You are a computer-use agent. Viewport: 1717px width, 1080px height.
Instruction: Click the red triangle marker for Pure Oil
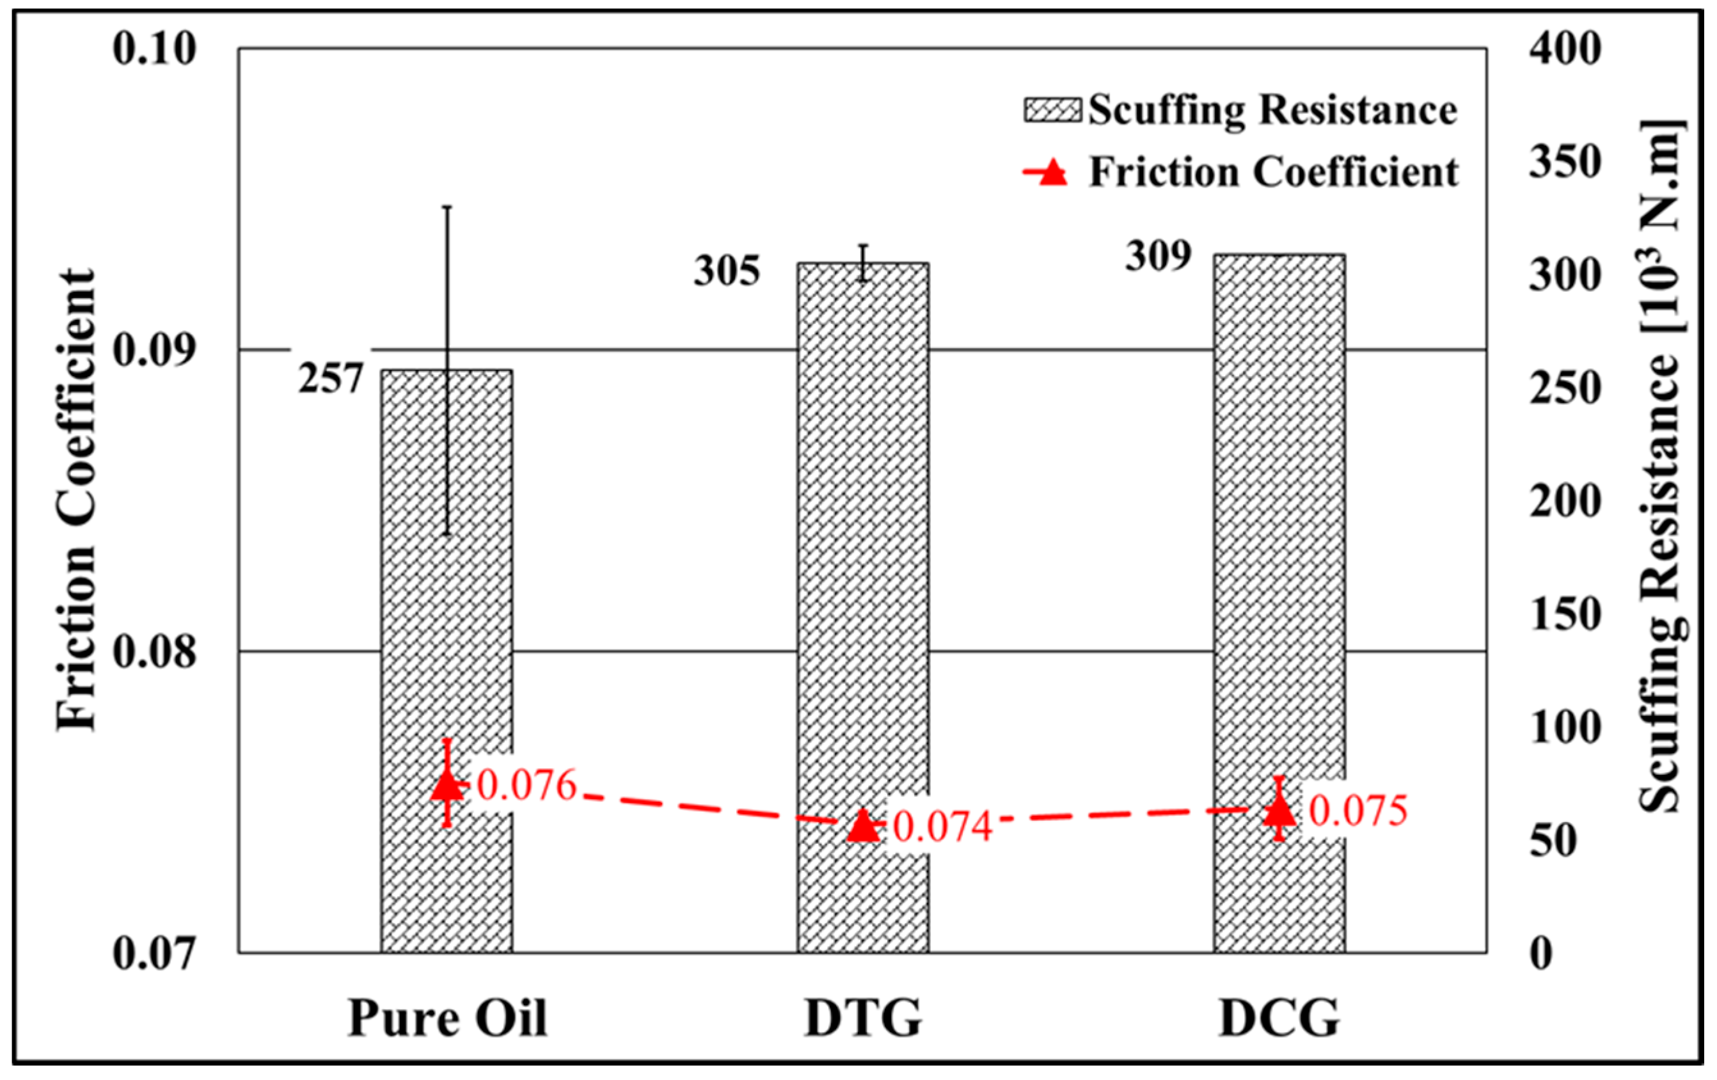click(447, 784)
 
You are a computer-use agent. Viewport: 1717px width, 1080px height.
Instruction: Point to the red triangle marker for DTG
click(863, 826)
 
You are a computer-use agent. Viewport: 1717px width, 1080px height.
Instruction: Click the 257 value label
click(331, 378)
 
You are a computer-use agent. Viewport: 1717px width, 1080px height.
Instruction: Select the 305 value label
click(727, 272)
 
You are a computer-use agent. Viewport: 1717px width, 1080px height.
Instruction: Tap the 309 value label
click(1158, 256)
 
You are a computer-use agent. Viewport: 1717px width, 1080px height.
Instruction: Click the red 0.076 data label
click(526, 786)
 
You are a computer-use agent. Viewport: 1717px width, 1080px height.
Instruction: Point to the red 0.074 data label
click(943, 827)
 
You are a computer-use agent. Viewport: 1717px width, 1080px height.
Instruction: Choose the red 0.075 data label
click(1358, 811)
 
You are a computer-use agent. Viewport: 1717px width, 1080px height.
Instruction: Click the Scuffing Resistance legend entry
click(1240, 111)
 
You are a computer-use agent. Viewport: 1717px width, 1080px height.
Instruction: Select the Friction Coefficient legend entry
click(1240, 173)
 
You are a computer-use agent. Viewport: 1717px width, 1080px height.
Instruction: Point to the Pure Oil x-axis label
click(447, 1018)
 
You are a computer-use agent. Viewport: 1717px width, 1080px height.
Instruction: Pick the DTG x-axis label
click(863, 1018)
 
